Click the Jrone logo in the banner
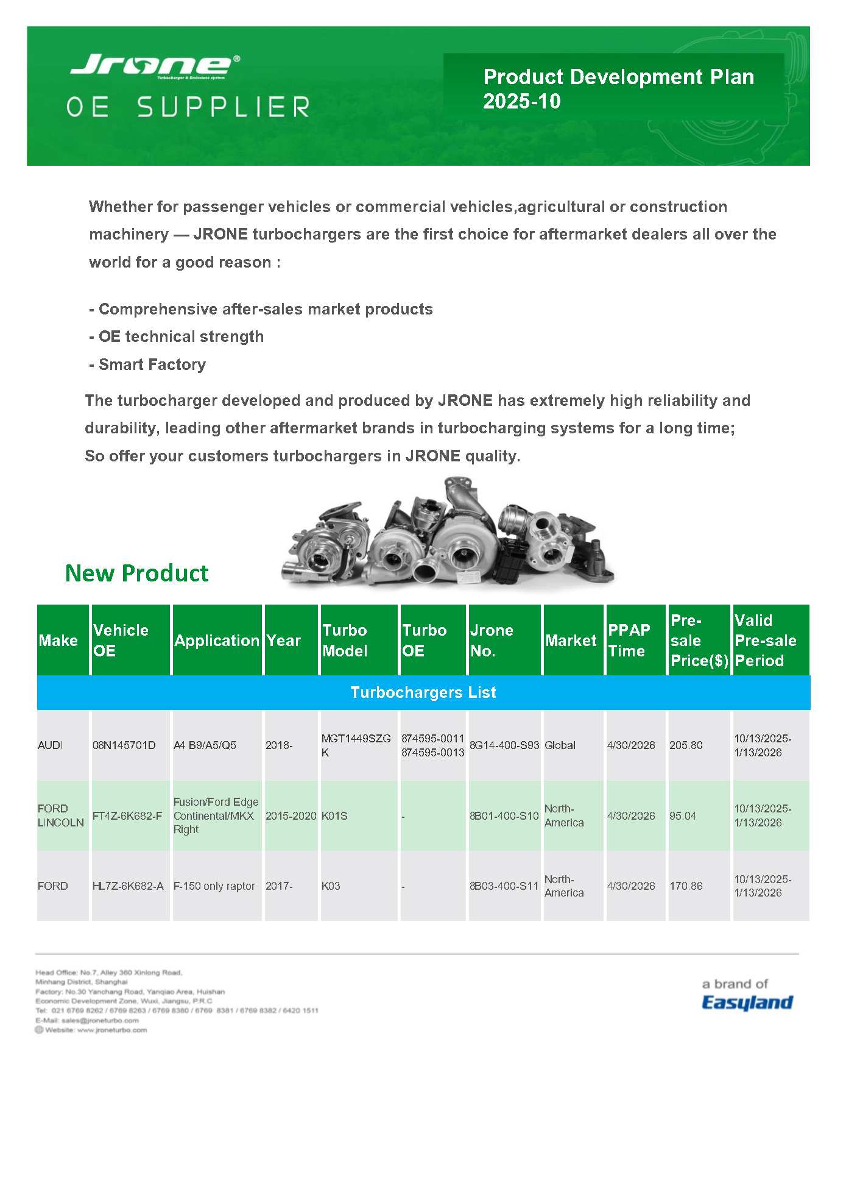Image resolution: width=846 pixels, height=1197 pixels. [155, 65]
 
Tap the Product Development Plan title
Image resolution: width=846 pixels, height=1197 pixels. [618, 88]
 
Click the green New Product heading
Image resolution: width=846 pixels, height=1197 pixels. [136, 574]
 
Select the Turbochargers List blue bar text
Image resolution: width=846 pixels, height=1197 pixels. [423, 692]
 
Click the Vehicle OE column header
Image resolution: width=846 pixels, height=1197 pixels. [121, 640]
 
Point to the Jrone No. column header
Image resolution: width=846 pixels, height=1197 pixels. [492, 640]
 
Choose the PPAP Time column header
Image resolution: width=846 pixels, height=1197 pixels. [629, 640]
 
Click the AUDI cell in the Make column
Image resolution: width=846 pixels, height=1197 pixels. [51, 745]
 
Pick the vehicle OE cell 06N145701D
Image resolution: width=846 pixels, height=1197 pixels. [124, 745]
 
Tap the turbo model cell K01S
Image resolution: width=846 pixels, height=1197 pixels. [334, 816]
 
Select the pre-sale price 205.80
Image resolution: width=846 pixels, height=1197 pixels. [686, 745]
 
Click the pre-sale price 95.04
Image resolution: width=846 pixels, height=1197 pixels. [683, 816]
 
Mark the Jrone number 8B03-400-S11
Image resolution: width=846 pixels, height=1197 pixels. [504, 886]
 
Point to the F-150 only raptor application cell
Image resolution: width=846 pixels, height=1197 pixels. [214, 886]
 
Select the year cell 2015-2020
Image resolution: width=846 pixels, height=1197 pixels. [291, 816]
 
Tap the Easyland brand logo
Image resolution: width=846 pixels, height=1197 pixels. [747, 1003]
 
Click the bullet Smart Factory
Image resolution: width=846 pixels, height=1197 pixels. [152, 364]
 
